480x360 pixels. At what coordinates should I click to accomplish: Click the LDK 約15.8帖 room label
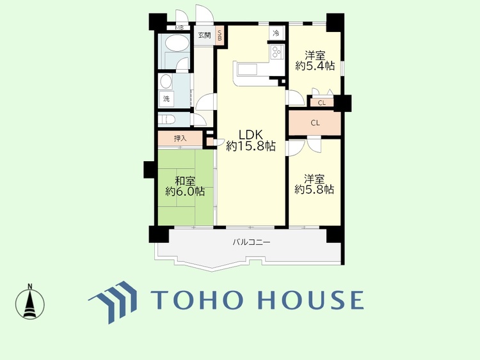point(251,141)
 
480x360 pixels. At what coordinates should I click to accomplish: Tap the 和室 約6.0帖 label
point(185,186)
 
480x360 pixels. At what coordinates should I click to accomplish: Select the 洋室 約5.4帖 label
point(315,61)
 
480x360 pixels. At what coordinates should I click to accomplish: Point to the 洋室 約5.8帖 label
point(314,184)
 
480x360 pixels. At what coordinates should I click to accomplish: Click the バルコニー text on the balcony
point(252,242)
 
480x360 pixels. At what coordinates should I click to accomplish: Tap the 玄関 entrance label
point(204,35)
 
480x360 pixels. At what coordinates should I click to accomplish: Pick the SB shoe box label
point(220,35)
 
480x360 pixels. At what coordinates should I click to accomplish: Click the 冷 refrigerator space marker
point(276,33)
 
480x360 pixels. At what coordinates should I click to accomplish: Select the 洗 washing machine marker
point(166,98)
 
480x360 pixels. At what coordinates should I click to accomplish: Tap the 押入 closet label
point(180,138)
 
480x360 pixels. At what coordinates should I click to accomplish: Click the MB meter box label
point(179,28)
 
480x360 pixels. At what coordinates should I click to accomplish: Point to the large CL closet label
point(316,123)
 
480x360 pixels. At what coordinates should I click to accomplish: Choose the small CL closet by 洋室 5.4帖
point(322,103)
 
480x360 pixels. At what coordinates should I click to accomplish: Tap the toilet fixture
point(167,119)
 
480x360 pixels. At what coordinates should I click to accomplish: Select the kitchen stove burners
point(276,52)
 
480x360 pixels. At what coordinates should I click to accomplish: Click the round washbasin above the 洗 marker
point(166,81)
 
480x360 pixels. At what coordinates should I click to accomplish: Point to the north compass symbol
point(30,302)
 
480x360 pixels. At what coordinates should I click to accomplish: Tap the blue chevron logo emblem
point(113,302)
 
